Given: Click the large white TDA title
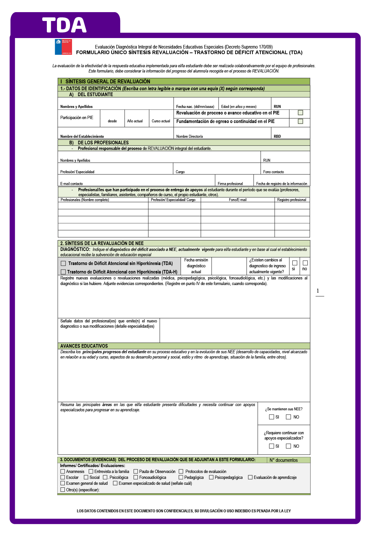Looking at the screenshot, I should click(x=64, y=25).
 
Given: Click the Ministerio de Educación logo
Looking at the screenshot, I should click(x=63, y=47).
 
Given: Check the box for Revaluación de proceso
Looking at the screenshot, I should click(x=300, y=113).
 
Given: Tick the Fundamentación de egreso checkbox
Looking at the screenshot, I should click(x=300, y=121).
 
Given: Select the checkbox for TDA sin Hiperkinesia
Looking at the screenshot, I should click(x=64, y=263).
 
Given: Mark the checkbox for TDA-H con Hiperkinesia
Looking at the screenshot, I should click(x=64, y=272).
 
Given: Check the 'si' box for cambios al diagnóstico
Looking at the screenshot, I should click(x=295, y=263).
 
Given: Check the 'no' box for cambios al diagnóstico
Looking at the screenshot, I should click(x=305, y=263).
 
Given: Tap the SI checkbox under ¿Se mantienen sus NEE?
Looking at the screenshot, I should click(x=271, y=417).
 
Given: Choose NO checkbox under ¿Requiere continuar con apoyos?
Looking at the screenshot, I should click(x=288, y=446).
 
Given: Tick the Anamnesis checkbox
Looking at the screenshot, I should click(x=63, y=472).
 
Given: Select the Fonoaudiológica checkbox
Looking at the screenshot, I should click(x=136, y=478).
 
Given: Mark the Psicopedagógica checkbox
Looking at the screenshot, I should click(x=211, y=478).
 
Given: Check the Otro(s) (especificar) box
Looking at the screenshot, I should click(x=63, y=490).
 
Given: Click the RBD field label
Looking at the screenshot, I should click(x=277, y=136).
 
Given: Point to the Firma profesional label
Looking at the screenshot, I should click(x=230, y=184).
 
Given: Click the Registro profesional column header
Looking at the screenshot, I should click(x=291, y=200).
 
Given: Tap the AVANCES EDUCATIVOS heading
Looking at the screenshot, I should click(x=84, y=346).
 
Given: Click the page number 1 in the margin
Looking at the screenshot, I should click(x=318, y=291).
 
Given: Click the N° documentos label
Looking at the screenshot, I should click(x=284, y=460).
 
